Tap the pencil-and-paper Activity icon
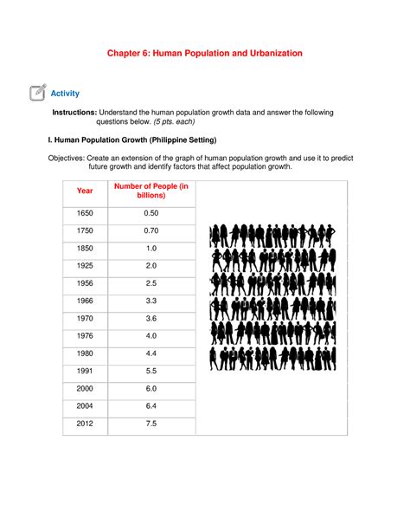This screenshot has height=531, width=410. click(x=37, y=92)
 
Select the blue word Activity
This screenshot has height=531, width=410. click(x=66, y=93)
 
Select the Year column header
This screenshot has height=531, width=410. click(x=85, y=190)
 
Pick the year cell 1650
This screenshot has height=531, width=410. click(x=85, y=213)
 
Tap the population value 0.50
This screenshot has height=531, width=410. click(x=151, y=213)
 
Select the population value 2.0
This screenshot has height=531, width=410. click(x=151, y=266)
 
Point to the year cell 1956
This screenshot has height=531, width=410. click(x=85, y=283)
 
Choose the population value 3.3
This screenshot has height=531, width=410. click(x=151, y=301)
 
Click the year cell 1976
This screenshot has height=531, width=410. click(x=85, y=335)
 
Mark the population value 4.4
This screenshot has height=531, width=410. click(x=151, y=353)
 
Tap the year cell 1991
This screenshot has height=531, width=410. click(x=85, y=371)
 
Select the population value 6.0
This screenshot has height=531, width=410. click(x=151, y=389)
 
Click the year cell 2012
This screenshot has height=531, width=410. click(x=85, y=424)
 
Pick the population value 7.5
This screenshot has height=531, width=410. click(x=151, y=424)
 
